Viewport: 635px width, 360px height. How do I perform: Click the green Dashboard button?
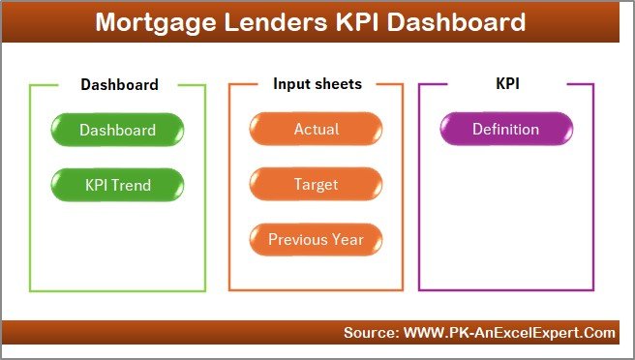click(x=118, y=129)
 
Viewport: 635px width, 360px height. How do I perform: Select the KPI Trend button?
click(x=118, y=183)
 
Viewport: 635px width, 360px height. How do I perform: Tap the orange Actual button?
click(x=316, y=129)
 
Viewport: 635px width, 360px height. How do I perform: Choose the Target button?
click(x=316, y=183)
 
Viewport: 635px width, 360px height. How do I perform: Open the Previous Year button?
click(x=316, y=238)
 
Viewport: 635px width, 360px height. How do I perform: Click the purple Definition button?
click(x=505, y=129)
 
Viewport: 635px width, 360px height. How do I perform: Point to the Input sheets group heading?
click(x=317, y=84)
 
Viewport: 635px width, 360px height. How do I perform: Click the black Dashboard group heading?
click(x=119, y=84)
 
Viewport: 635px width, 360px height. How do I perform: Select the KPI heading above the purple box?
click(x=507, y=84)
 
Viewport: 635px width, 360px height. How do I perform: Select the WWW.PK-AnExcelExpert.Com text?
click(x=509, y=333)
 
